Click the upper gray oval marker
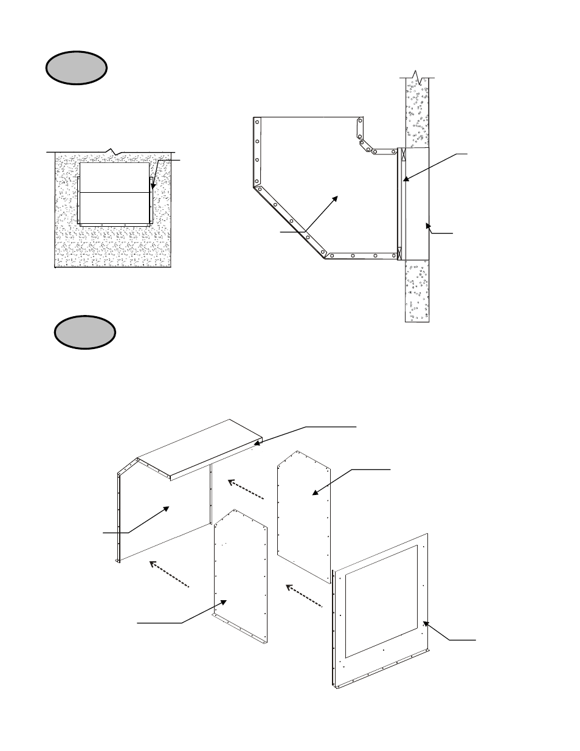tap(76, 67)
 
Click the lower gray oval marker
tap(85, 331)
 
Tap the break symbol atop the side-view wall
tap(416, 77)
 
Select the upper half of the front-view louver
tap(114, 178)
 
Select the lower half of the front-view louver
tap(114, 207)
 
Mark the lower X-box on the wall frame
tap(400, 251)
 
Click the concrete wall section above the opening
tap(416, 116)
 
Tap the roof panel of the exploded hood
tap(201, 447)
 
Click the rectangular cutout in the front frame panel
tap(381, 599)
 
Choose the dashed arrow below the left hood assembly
tap(170, 573)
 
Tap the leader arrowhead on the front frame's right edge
tap(426, 623)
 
